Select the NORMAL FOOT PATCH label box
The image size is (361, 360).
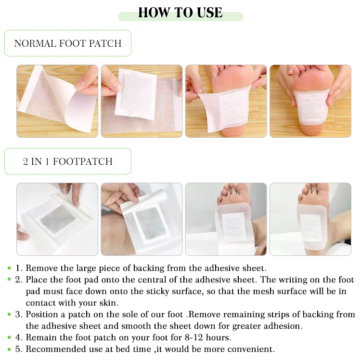(x=68, y=43)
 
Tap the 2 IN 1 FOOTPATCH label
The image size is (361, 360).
(x=68, y=161)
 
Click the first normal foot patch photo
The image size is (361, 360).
(x=57, y=101)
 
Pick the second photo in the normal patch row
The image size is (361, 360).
(x=142, y=101)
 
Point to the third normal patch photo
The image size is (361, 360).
(x=226, y=101)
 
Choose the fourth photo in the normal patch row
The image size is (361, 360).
(x=310, y=101)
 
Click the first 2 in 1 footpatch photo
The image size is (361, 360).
(x=57, y=219)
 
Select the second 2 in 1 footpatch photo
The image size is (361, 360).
(x=142, y=219)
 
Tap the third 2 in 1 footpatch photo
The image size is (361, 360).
(x=226, y=219)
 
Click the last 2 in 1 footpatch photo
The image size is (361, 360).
(x=310, y=219)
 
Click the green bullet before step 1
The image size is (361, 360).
(x=9, y=268)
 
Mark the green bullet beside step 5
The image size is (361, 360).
(x=9, y=348)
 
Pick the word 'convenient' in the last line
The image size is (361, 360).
(x=252, y=349)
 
